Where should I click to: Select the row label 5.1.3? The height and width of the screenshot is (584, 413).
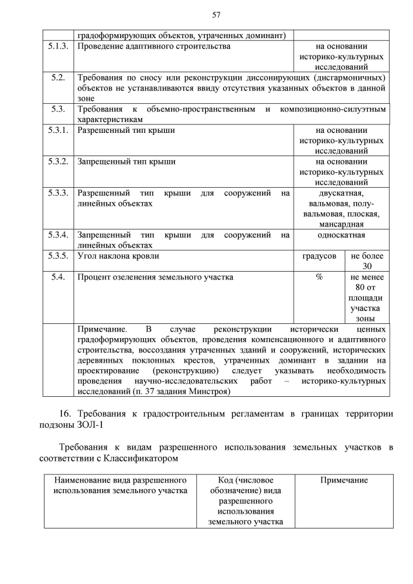click(58, 46)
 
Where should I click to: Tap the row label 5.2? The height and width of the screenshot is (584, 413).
click(58, 78)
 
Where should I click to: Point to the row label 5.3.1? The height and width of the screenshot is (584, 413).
click(58, 130)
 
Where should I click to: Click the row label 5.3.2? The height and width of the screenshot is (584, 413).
click(58, 161)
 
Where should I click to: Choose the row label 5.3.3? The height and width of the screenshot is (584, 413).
click(58, 193)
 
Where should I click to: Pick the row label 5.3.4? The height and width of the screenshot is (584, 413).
click(58, 235)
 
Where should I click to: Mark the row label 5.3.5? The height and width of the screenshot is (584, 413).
click(58, 256)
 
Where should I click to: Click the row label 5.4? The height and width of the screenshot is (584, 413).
click(58, 277)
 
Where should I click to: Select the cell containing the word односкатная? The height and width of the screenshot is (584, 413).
click(341, 235)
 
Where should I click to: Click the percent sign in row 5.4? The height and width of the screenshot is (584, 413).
click(319, 277)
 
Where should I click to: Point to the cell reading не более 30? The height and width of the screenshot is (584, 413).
click(367, 261)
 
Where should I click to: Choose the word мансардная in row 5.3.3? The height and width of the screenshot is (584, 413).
click(341, 224)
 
